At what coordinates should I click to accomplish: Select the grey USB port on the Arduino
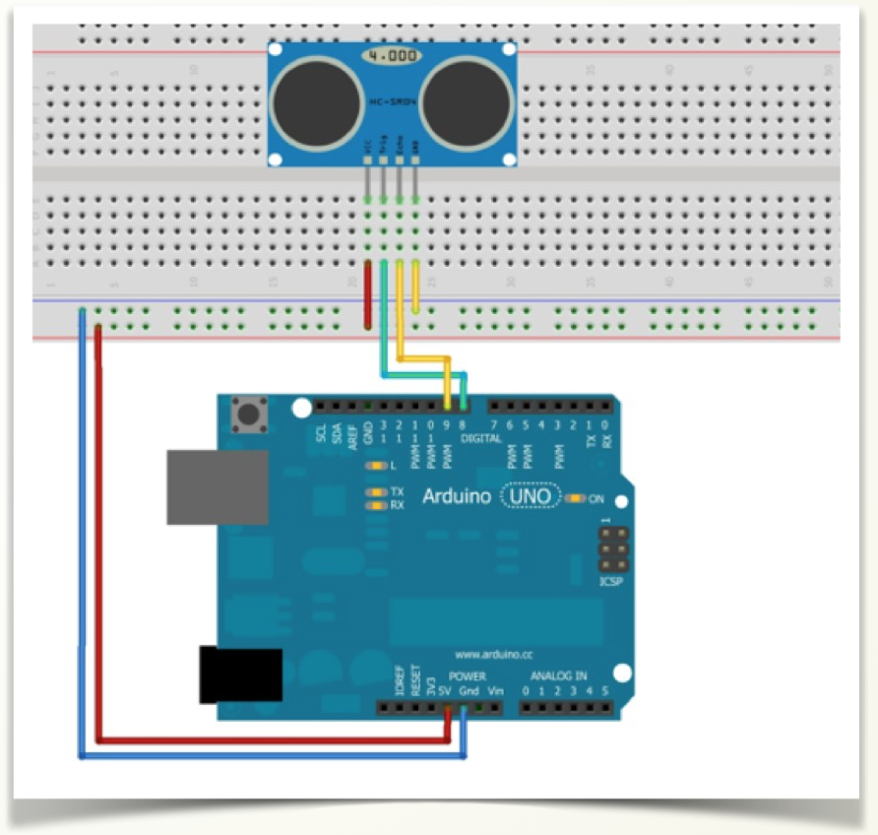pyautogui.click(x=218, y=486)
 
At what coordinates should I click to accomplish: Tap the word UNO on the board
pyautogui.click(x=531, y=496)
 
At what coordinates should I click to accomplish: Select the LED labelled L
pyautogui.click(x=374, y=466)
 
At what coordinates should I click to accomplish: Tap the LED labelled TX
pyautogui.click(x=374, y=491)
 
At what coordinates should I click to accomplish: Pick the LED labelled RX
pyautogui.click(x=374, y=505)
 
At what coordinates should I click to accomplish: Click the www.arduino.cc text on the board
pyautogui.click(x=494, y=654)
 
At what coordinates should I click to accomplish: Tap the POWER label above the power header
pyautogui.click(x=468, y=676)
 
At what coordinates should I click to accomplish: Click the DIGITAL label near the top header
pyautogui.click(x=481, y=436)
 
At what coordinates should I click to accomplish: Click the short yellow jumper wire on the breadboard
pyautogui.click(x=415, y=286)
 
